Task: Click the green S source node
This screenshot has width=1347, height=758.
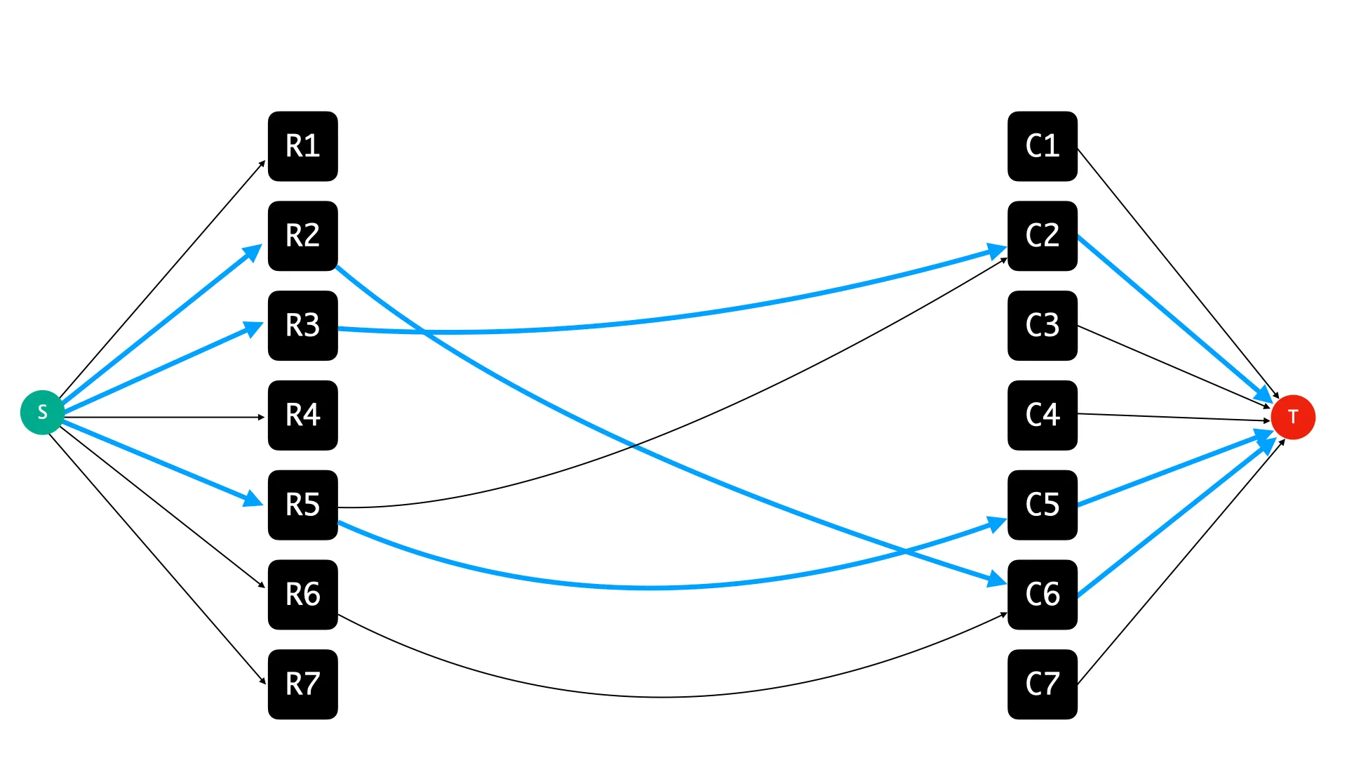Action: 42,412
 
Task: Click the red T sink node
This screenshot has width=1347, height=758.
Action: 1293,417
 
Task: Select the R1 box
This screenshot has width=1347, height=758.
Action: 303,146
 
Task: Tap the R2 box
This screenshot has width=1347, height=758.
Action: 303,236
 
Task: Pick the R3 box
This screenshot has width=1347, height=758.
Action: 303,326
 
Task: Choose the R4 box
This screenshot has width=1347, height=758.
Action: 303,415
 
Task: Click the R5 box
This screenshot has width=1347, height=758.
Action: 303,505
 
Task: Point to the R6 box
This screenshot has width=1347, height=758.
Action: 303,594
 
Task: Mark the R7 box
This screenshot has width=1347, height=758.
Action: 303,684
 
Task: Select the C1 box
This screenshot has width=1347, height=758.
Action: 1043,146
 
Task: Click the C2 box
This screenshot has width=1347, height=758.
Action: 1043,236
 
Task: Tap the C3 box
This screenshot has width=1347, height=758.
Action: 1043,326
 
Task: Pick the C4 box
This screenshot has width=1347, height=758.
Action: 1043,415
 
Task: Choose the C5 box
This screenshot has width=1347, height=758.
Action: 1043,505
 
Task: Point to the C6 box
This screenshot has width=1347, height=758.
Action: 1043,594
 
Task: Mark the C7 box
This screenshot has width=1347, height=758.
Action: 1043,684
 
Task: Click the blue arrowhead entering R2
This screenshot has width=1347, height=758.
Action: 253,252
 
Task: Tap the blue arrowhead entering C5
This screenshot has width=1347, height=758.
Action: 997,524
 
